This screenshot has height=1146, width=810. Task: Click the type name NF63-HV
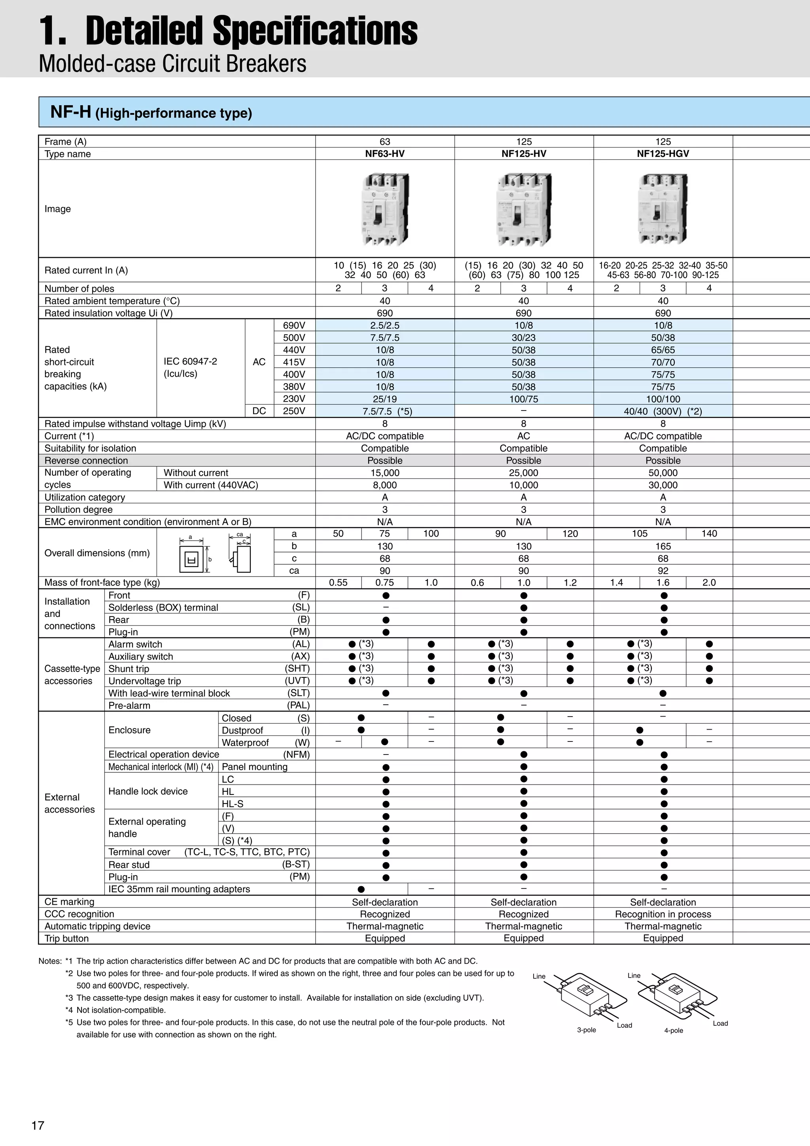[x=384, y=154]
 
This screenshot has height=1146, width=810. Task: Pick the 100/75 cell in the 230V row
[x=524, y=399]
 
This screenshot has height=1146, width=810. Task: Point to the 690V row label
[x=294, y=325]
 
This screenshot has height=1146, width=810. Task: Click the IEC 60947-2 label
[x=190, y=361]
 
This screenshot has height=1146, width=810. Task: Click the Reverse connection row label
[x=86, y=460]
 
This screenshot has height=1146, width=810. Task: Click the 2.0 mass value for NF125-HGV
[x=709, y=582]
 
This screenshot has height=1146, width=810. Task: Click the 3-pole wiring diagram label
[x=587, y=1030]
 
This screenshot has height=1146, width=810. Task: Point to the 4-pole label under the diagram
[x=673, y=1030]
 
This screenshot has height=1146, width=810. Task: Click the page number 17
[x=38, y=1125]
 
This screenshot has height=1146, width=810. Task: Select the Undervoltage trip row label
[x=145, y=681]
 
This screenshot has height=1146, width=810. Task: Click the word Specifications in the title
[x=315, y=31]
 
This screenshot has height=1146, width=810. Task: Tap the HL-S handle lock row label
[x=233, y=804]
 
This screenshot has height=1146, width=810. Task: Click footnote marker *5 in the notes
[x=69, y=1022]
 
